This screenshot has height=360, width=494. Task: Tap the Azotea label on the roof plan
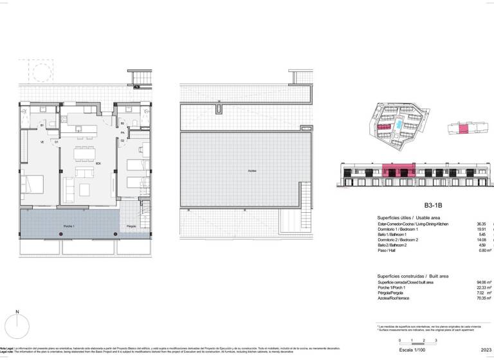coord(250,170)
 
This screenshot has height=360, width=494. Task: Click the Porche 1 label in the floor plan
coord(69,226)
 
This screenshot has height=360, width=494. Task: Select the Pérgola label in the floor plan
coord(131,226)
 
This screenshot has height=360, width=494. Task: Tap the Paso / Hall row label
coord(387,251)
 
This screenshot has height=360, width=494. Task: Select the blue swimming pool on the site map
coord(399,123)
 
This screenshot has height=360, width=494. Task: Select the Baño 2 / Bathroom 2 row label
coord(396,246)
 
